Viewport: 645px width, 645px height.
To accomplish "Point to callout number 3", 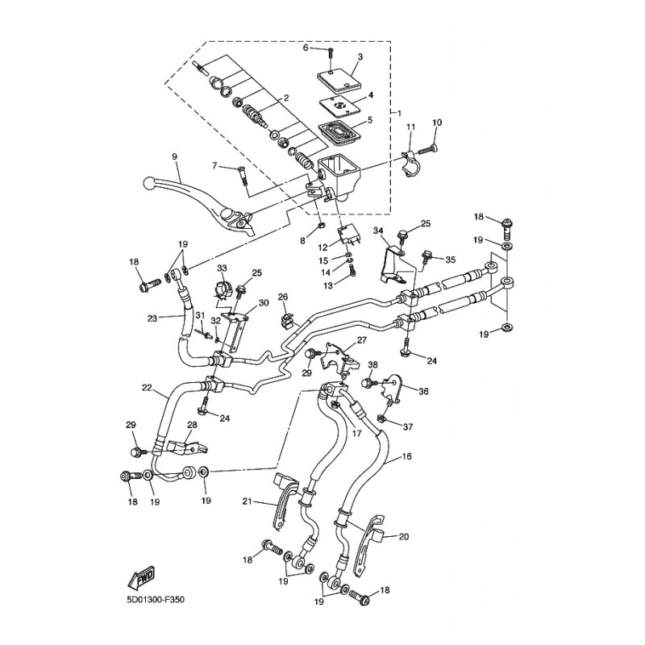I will click(360, 56).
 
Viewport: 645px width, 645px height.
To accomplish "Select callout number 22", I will click(147, 389).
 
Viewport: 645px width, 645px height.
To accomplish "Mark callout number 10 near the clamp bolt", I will click(437, 123).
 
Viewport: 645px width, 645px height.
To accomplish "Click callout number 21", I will click(248, 501).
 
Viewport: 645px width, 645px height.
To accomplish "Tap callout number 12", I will click(322, 248).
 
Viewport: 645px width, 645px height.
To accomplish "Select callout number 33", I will click(222, 268).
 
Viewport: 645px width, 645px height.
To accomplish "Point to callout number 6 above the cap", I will click(306, 48).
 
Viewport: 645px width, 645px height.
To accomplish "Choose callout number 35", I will click(450, 260).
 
